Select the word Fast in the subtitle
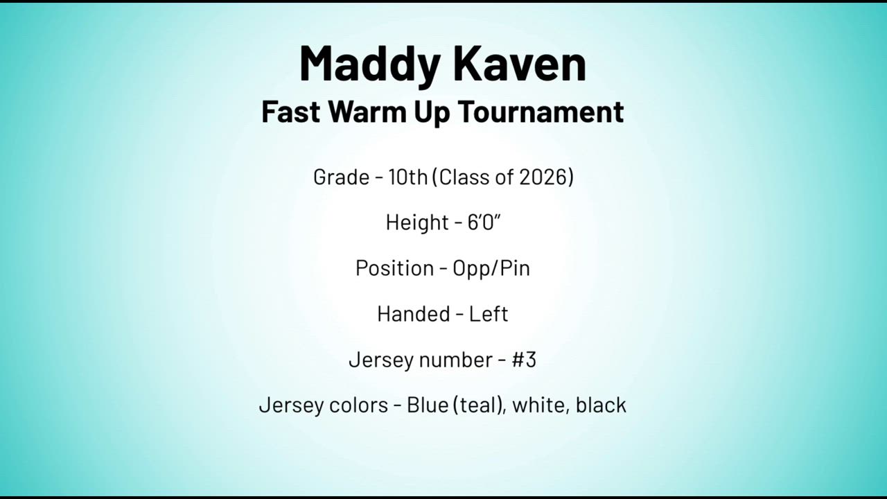[x=290, y=112]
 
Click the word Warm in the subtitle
[x=367, y=112]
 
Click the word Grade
[x=341, y=177]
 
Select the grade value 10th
[x=408, y=177]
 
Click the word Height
[x=417, y=222]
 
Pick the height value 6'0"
[x=484, y=222]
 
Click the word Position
[x=395, y=268]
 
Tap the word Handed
[x=414, y=314]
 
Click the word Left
[x=489, y=314]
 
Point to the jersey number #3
[x=524, y=359]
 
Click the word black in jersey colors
[x=601, y=405]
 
